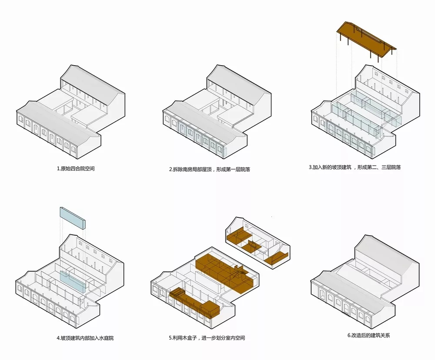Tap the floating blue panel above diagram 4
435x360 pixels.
pos(73,218)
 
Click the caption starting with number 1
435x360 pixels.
pos(76,169)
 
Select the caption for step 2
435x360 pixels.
pos(210,169)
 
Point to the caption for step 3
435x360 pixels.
pos(355,167)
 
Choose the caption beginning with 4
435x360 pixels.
pos(85,338)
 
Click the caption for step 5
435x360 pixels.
pos(207,338)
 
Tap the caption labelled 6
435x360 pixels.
pos(369,335)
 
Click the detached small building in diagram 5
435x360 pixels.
pos(258,242)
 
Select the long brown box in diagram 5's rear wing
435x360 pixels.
pos(225,270)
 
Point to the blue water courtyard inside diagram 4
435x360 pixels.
pos(73,281)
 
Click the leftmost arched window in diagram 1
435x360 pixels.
pos(20,120)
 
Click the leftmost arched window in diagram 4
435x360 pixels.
pos(20,289)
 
